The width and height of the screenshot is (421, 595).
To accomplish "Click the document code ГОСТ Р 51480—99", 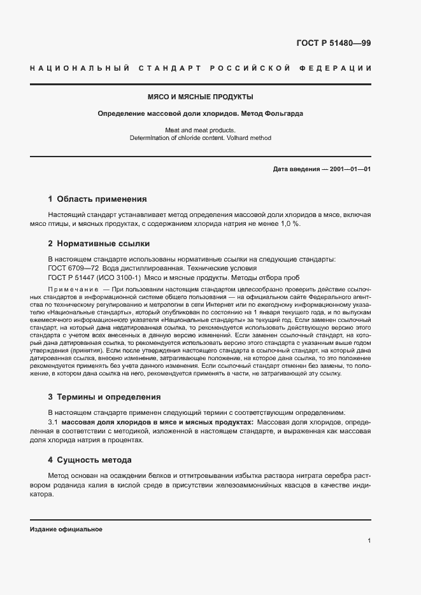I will point(333,43).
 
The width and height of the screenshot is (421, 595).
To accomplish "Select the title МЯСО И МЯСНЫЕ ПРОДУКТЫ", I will point(200,97).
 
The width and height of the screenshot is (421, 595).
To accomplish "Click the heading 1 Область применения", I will point(97,199).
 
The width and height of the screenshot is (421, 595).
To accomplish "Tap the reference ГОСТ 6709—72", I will point(74,268).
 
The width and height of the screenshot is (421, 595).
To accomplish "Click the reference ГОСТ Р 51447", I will point(75,277).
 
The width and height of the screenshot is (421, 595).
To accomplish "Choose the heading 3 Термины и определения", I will point(100,396).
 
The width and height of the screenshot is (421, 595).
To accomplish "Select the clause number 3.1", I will point(54,422).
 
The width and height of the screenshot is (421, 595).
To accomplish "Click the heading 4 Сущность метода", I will point(90,459).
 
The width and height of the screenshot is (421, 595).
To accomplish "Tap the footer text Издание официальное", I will point(66,529).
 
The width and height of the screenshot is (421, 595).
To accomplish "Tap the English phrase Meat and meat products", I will point(200,129).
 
